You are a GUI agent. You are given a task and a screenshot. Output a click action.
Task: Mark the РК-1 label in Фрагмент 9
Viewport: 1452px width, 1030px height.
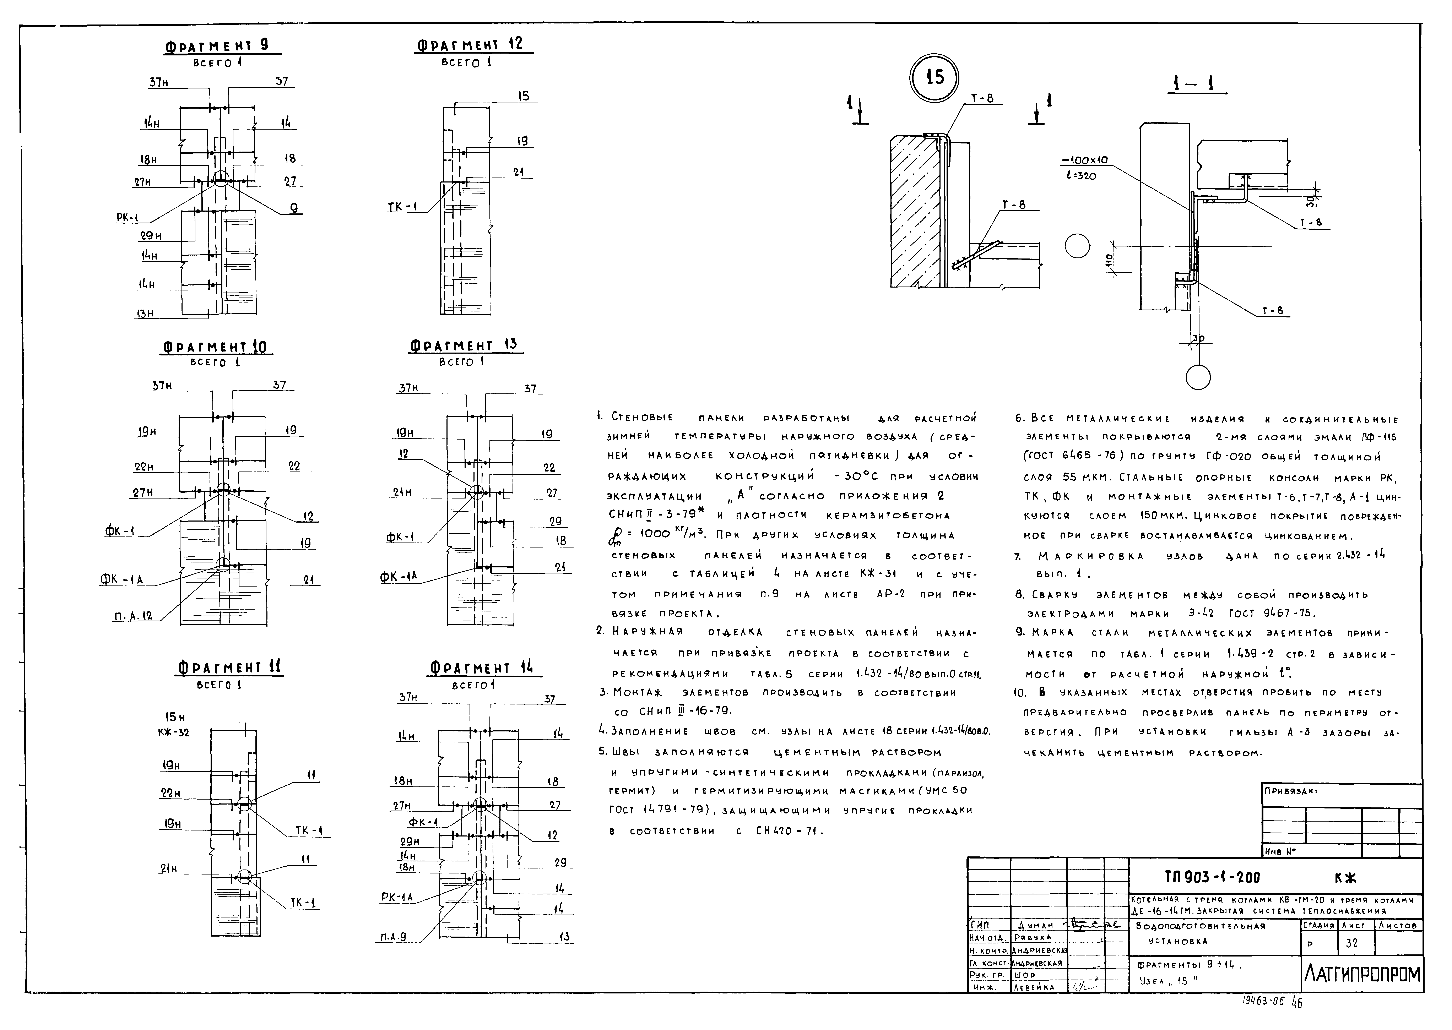pyautogui.click(x=128, y=218)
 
